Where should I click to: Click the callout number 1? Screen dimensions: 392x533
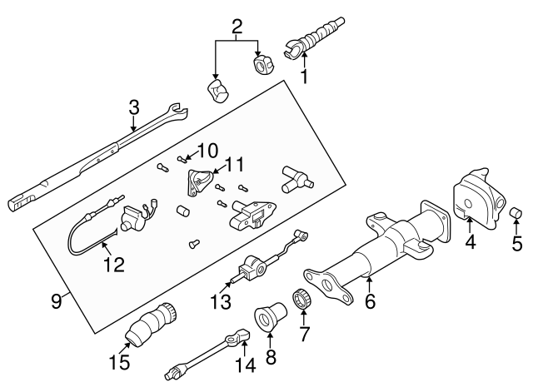pos(305,77)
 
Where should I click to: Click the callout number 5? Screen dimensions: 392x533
pos(516,244)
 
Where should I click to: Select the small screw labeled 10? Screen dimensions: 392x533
pos(182,157)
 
